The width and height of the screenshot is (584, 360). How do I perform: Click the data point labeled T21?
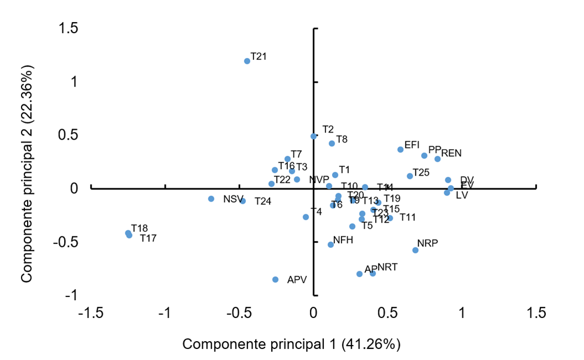pyautogui.click(x=247, y=61)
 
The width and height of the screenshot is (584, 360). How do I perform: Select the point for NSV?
pyautogui.click(x=211, y=199)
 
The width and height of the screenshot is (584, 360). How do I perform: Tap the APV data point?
pyautogui.click(x=275, y=279)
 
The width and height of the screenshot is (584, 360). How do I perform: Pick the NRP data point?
pyautogui.click(x=415, y=250)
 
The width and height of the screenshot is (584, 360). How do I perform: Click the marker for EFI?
pyautogui.click(x=401, y=150)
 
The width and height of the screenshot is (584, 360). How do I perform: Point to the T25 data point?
pyautogui.click(x=410, y=176)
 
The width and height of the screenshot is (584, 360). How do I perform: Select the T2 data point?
pyautogui.click(x=313, y=136)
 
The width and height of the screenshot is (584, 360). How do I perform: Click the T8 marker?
pyautogui.click(x=332, y=144)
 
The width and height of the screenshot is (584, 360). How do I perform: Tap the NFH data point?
pyautogui.click(x=330, y=245)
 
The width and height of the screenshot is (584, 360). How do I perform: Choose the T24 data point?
pyautogui.click(x=243, y=201)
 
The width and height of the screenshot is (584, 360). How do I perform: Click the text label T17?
pyautogui.click(x=149, y=239)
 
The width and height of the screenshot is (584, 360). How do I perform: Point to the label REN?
pyautogui.click(x=451, y=153)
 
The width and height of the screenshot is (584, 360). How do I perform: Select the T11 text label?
pyautogui.click(x=408, y=218)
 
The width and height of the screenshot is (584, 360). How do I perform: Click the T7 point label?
pyautogui.click(x=296, y=154)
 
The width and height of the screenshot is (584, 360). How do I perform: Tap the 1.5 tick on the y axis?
pyautogui.click(x=69, y=29)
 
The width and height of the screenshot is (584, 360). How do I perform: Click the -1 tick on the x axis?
pyautogui.click(x=165, y=313)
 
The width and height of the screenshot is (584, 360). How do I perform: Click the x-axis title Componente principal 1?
pyautogui.click(x=291, y=344)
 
